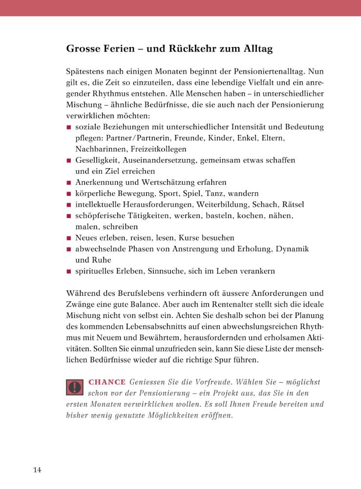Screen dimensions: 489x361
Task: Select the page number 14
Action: pyautogui.click(x=38, y=470)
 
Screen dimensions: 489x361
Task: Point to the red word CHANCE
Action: pyautogui.click(x=107, y=381)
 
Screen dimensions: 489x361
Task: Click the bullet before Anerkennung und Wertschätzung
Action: pyautogui.click(x=69, y=182)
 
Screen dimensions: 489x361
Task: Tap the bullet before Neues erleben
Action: pyautogui.click(x=69, y=238)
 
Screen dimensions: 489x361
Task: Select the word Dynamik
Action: pyautogui.click(x=292, y=249)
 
